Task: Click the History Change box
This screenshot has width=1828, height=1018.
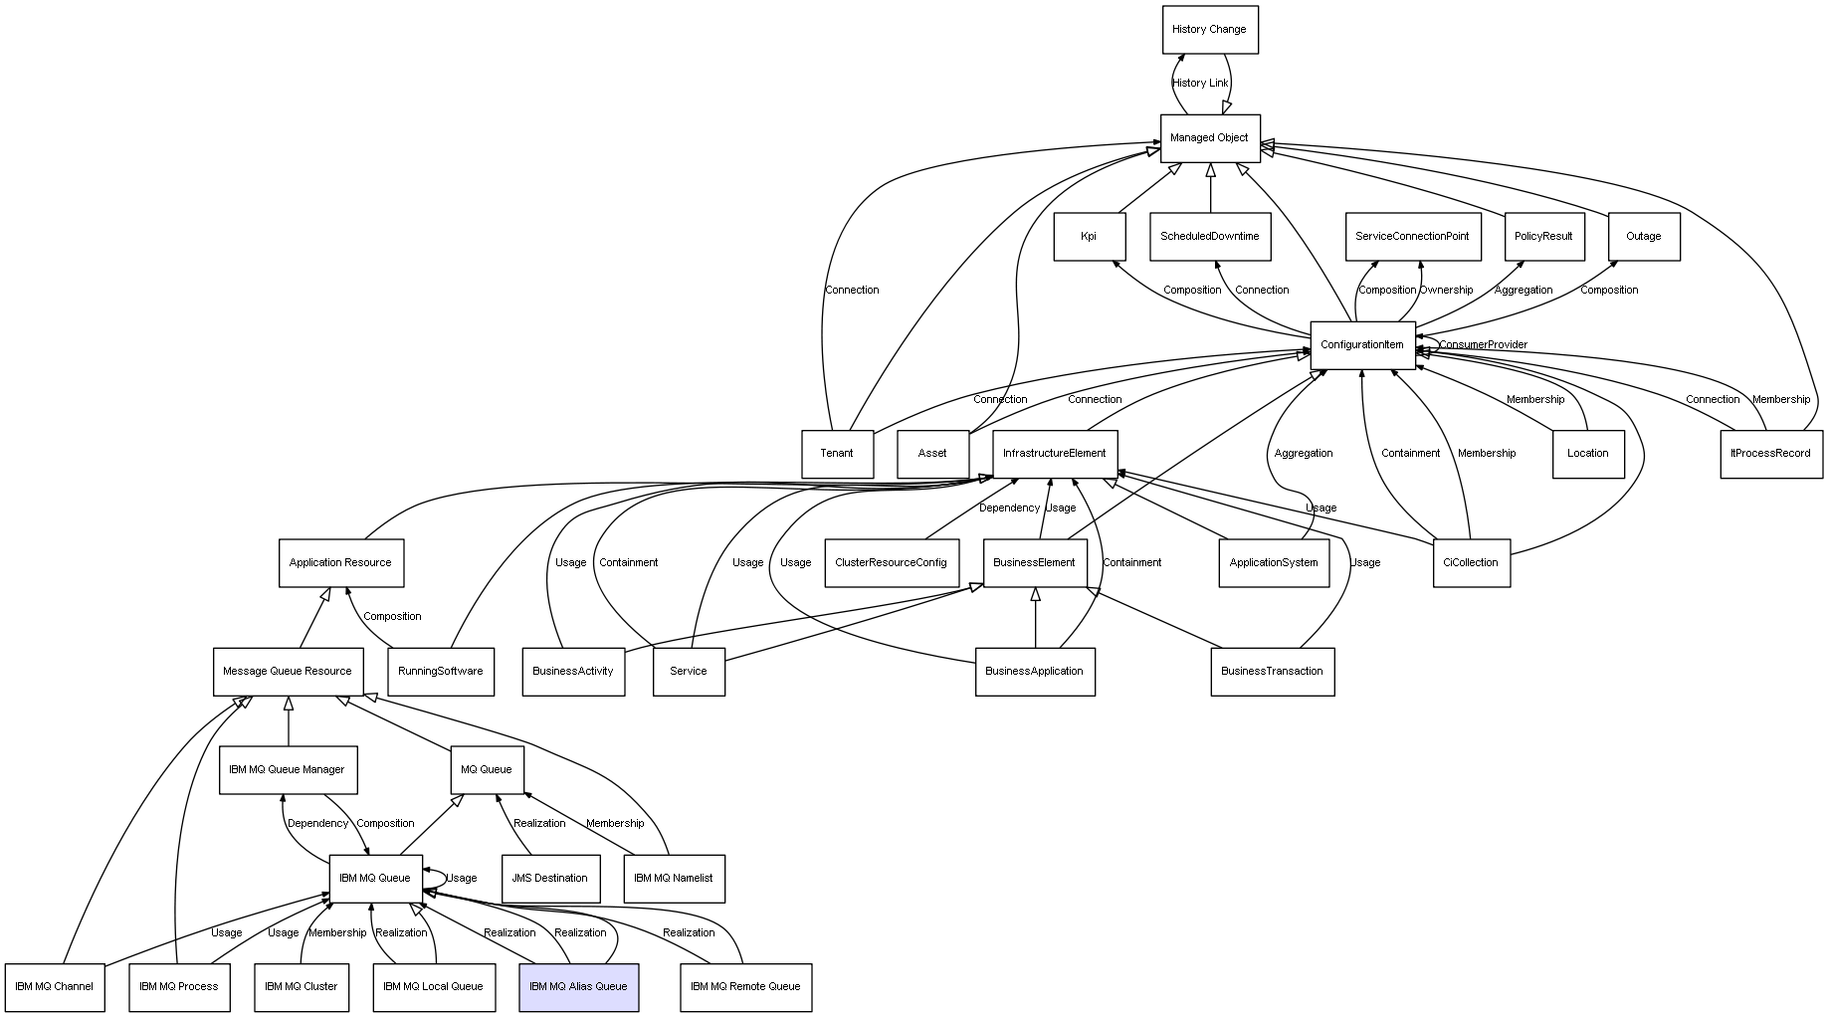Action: click(x=1209, y=30)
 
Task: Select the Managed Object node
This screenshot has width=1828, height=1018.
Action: click(x=1209, y=138)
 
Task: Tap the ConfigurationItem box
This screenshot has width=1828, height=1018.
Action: click(x=1361, y=345)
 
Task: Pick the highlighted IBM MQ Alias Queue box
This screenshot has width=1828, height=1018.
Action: click(x=578, y=987)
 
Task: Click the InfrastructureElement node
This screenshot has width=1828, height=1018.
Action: click(x=1054, y=454)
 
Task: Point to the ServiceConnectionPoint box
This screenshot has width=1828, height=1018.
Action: click(x=1412, y=237)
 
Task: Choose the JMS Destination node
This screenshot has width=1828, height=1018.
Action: click(x=549, y=879)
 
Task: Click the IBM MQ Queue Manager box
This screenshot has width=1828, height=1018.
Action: click(x=287, y=770)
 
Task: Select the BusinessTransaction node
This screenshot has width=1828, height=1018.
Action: click(x=1272, y=672)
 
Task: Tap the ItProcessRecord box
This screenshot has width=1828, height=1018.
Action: click(x=1770, y=454)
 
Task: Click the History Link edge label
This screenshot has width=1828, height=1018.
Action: click(x=1199, y=84)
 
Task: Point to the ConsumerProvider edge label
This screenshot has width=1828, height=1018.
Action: click(x=1483, y=345)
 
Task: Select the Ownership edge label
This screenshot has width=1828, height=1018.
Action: click(x=1446, y=291)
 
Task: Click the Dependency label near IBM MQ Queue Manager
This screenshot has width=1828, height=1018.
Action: click(x=317, y=824)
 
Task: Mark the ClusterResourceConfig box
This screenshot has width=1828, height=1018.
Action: click(x=891, y=563)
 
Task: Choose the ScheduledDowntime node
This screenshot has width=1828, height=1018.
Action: click(x=1209, y=237)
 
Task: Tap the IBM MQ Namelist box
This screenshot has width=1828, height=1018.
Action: click(x=673, y=879)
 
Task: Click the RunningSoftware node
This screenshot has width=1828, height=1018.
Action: click(x=440, y=672)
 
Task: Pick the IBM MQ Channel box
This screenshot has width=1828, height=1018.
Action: click(x=54, y=987)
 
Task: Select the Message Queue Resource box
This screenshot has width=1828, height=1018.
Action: click(x=287, y=672)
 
